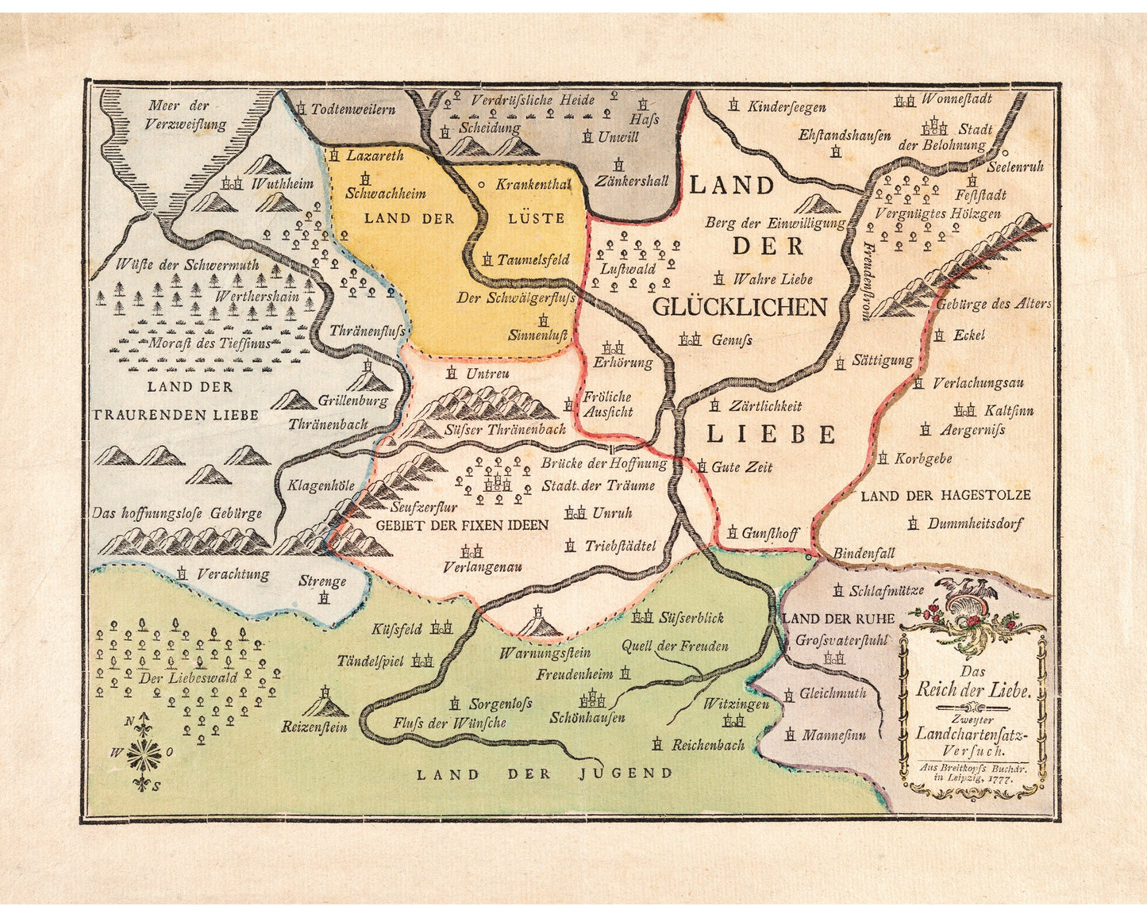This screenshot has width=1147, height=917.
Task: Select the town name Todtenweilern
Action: point(352,109)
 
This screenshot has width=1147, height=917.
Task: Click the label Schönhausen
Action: point(587,718)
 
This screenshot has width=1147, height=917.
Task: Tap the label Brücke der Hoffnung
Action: point(604,463)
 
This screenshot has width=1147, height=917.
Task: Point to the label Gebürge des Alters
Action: point(993,304)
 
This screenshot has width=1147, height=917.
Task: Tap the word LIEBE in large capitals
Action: point(771,434)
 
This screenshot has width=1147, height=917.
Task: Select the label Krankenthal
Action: point(533,184)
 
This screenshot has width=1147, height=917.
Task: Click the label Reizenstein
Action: point(314,727)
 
